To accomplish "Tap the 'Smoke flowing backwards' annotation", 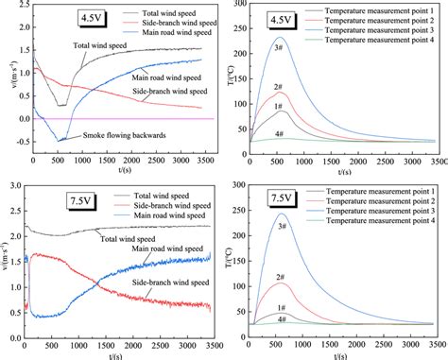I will pos(112,136).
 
